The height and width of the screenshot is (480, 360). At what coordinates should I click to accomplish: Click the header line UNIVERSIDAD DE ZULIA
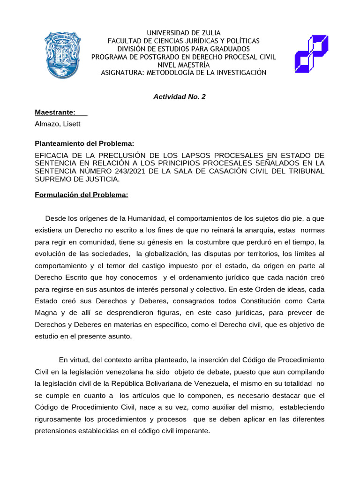click(184, 33)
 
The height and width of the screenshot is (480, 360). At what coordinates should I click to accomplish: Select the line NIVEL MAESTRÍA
click(184, 65)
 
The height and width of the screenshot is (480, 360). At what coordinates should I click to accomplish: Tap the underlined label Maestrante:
click(55, 112)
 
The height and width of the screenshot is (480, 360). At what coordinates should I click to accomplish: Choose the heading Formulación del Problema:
click(82, 195)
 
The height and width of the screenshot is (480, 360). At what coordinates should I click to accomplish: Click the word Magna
click(46, 313)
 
